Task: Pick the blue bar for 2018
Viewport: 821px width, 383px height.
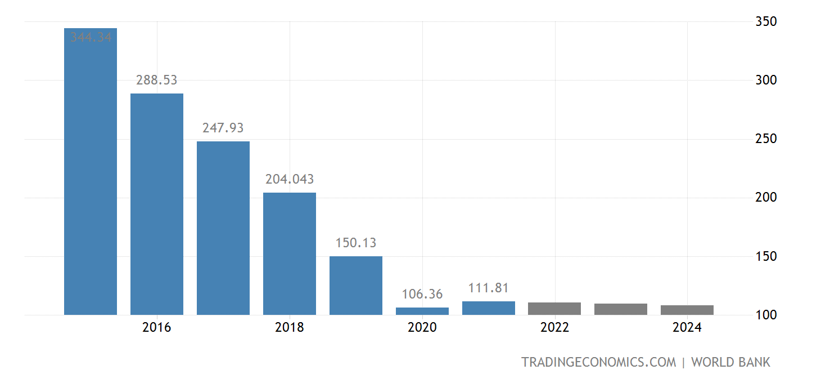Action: [290, 253]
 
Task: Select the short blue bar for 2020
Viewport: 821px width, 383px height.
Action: [422, 311]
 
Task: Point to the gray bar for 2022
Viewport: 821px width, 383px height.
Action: [554, 309]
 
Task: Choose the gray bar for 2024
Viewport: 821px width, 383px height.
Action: [687, 310]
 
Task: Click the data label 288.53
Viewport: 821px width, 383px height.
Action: [157, 80]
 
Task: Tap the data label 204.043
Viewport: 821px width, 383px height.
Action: [290, 180]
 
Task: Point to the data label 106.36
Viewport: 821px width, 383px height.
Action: [422, 294]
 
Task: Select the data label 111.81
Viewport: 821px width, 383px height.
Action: [489, 288]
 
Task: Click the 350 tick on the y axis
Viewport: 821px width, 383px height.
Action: [765, 21]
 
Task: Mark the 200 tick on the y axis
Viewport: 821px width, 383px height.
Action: [765, 197]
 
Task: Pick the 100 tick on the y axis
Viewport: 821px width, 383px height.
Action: [765, 315]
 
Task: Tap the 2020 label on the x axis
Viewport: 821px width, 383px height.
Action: [422, 328]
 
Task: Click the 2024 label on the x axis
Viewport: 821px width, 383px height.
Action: [687, 328]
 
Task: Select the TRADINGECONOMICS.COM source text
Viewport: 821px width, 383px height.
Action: [599, 362]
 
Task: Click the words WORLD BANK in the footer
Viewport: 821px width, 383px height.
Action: [730, 362]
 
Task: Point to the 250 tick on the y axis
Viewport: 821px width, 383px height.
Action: [765, 139]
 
